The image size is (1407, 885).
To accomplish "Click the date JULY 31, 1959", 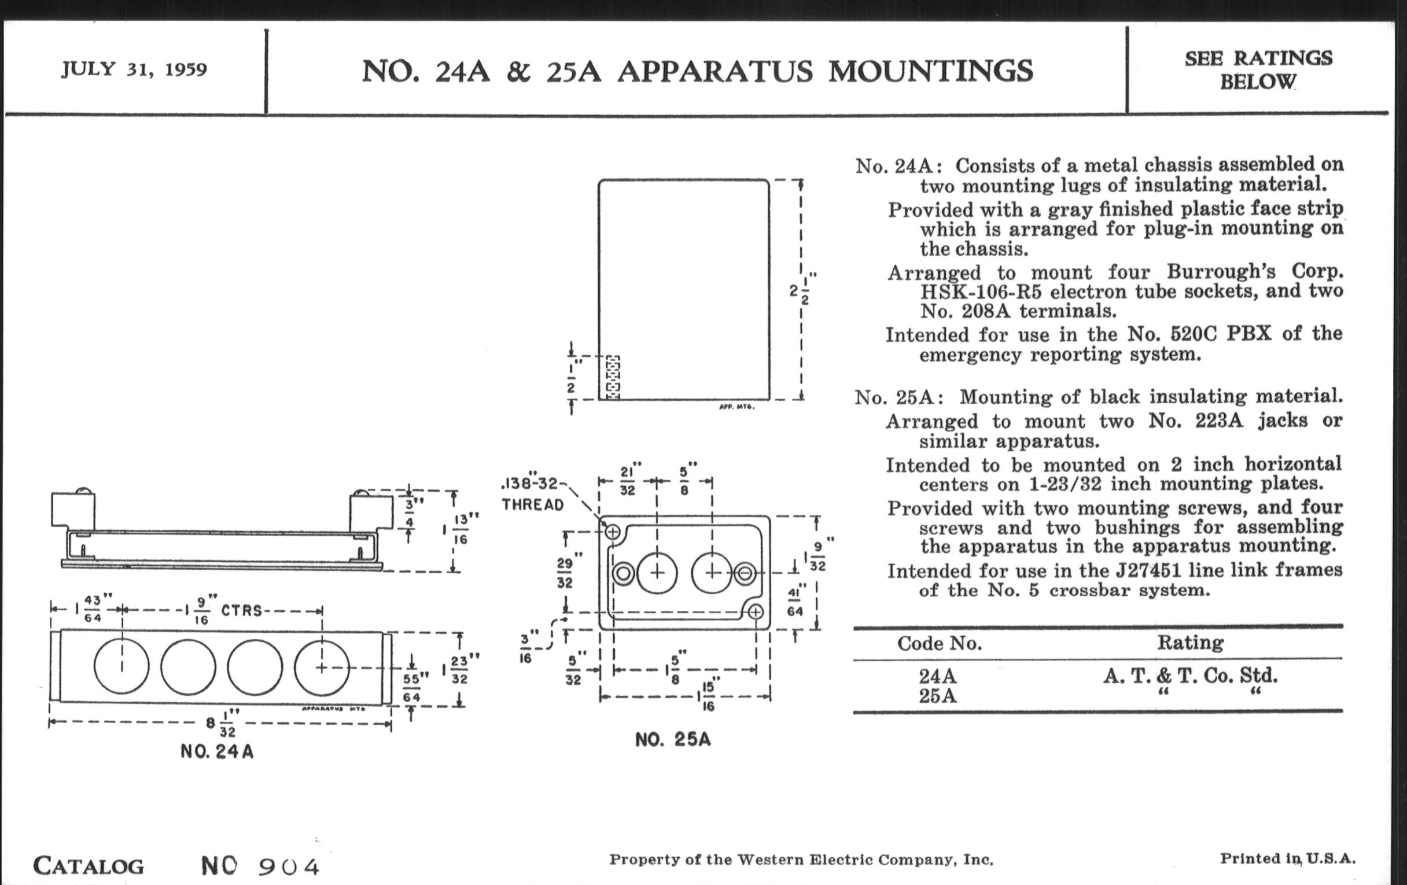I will [x=134, y=69].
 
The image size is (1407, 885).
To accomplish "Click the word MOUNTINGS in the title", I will [x=930, y=71].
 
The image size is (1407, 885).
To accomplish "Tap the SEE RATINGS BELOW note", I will [x=1258, y=69].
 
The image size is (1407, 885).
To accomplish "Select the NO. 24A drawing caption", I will [x=217, y=751].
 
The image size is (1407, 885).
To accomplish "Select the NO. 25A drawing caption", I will [x=672, y=740].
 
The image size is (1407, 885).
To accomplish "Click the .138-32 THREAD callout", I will [x=532, y=494].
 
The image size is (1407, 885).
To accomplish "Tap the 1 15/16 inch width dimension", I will [x=706, y=696].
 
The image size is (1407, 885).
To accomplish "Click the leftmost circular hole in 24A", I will [x=121, y=666].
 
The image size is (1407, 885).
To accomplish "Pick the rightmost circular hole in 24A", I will [x=321, y=666].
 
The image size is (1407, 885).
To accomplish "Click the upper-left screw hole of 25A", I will [x=612, y=532].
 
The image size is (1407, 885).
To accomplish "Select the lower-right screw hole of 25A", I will [x=756, y=612].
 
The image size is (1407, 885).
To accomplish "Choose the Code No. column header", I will [x=939, y=643].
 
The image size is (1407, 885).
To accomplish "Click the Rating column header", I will [x=1190, y=643].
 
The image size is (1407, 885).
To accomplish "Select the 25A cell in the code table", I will [x=937, y=696].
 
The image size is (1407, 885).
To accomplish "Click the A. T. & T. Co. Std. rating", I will [x=1190, y=676].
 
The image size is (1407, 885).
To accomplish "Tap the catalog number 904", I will [x=289, y=866].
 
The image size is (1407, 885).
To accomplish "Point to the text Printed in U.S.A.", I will [x=1287, y=859].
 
